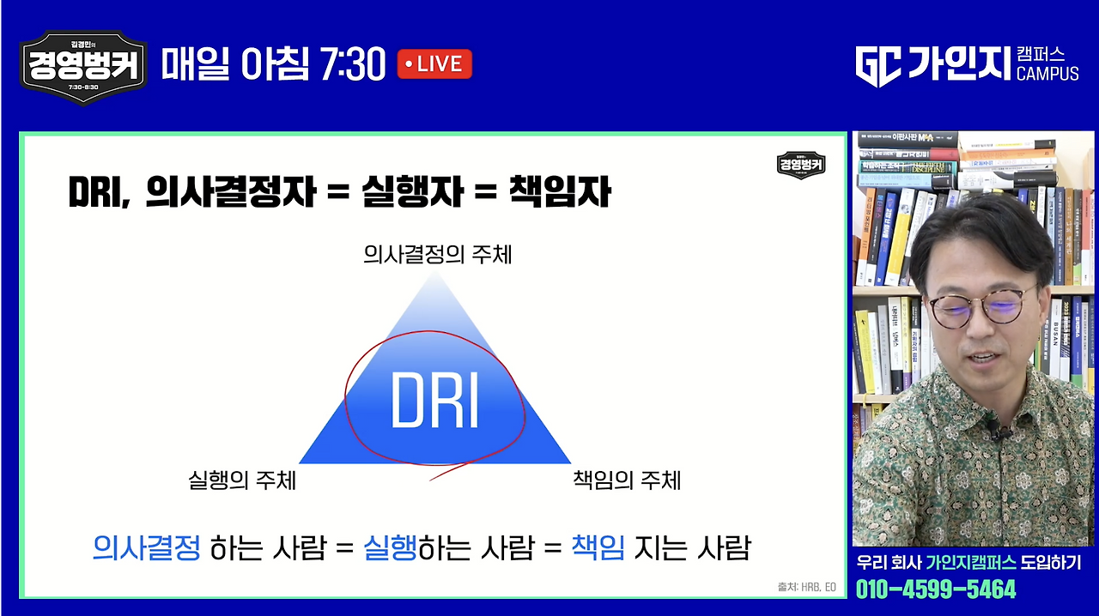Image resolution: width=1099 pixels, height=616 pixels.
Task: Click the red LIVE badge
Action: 434,64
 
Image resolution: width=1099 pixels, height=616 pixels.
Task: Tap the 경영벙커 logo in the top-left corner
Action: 83,67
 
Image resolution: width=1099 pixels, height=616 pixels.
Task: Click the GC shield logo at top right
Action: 878,66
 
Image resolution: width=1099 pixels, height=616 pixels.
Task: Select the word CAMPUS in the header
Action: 1047,74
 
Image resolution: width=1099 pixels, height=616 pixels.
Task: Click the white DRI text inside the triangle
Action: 434,401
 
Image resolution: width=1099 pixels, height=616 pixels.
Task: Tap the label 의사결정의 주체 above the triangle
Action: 437,255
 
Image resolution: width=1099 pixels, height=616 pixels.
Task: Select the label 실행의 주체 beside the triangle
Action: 242,480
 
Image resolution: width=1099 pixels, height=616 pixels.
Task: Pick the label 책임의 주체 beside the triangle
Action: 627,480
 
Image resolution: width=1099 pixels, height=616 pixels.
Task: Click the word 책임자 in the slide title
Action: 559,191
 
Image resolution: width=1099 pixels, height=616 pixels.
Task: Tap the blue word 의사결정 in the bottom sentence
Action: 146,547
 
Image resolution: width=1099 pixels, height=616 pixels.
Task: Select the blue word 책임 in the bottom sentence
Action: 598,547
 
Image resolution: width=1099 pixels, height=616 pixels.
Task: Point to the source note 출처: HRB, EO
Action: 805,587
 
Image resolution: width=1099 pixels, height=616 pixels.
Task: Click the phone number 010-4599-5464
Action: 936,589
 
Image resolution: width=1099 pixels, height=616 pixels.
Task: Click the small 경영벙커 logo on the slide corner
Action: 801,164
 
